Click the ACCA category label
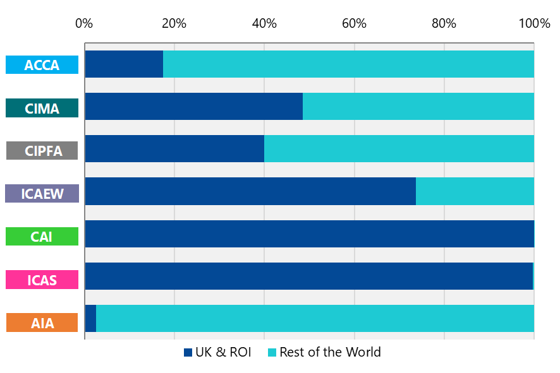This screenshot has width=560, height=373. click(42, 65)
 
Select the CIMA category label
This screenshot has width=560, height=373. click(42, 109)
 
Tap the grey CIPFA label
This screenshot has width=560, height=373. click(42, 151)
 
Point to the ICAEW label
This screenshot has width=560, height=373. click(42, 194)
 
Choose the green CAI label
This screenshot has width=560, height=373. click(42, 237)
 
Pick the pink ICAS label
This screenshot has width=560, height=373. click(42, 280)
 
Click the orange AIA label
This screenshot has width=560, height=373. click(42, 323)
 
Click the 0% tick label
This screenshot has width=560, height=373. click(84, 24)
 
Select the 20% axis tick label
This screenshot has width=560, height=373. click(174, 24)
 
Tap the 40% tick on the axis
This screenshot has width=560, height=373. click(264, 24)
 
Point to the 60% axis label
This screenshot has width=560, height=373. click(354, 24)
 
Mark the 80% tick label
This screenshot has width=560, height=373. click(444, 24)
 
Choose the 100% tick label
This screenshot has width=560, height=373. click(534, 24)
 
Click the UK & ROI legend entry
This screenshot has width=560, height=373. click(217, 352)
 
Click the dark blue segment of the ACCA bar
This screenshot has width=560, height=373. click(124, 64)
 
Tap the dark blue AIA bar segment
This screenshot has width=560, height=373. click(90, 318)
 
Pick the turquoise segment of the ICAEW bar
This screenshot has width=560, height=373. click(475, 191)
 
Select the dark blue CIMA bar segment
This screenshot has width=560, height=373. click(193, 107)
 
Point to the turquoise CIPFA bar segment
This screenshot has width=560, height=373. click(399, 149)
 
